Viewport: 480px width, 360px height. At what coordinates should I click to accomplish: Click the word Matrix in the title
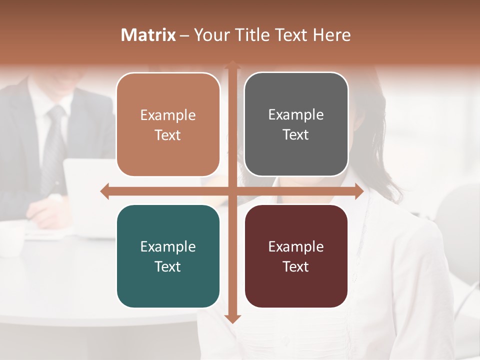[x=148, y=35]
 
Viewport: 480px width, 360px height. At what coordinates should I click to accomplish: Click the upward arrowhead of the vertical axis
[x=232, y=65]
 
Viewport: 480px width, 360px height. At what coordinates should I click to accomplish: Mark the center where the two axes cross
[x=232, y=191]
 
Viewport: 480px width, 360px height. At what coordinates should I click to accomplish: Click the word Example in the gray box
[x=296, y=114]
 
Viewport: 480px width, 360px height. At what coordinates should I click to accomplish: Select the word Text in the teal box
[x=167, y=266]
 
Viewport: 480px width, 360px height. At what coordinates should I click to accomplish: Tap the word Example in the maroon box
[x=296, y=246]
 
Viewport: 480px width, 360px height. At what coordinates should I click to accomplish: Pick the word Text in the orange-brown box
[x=167, y=135]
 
